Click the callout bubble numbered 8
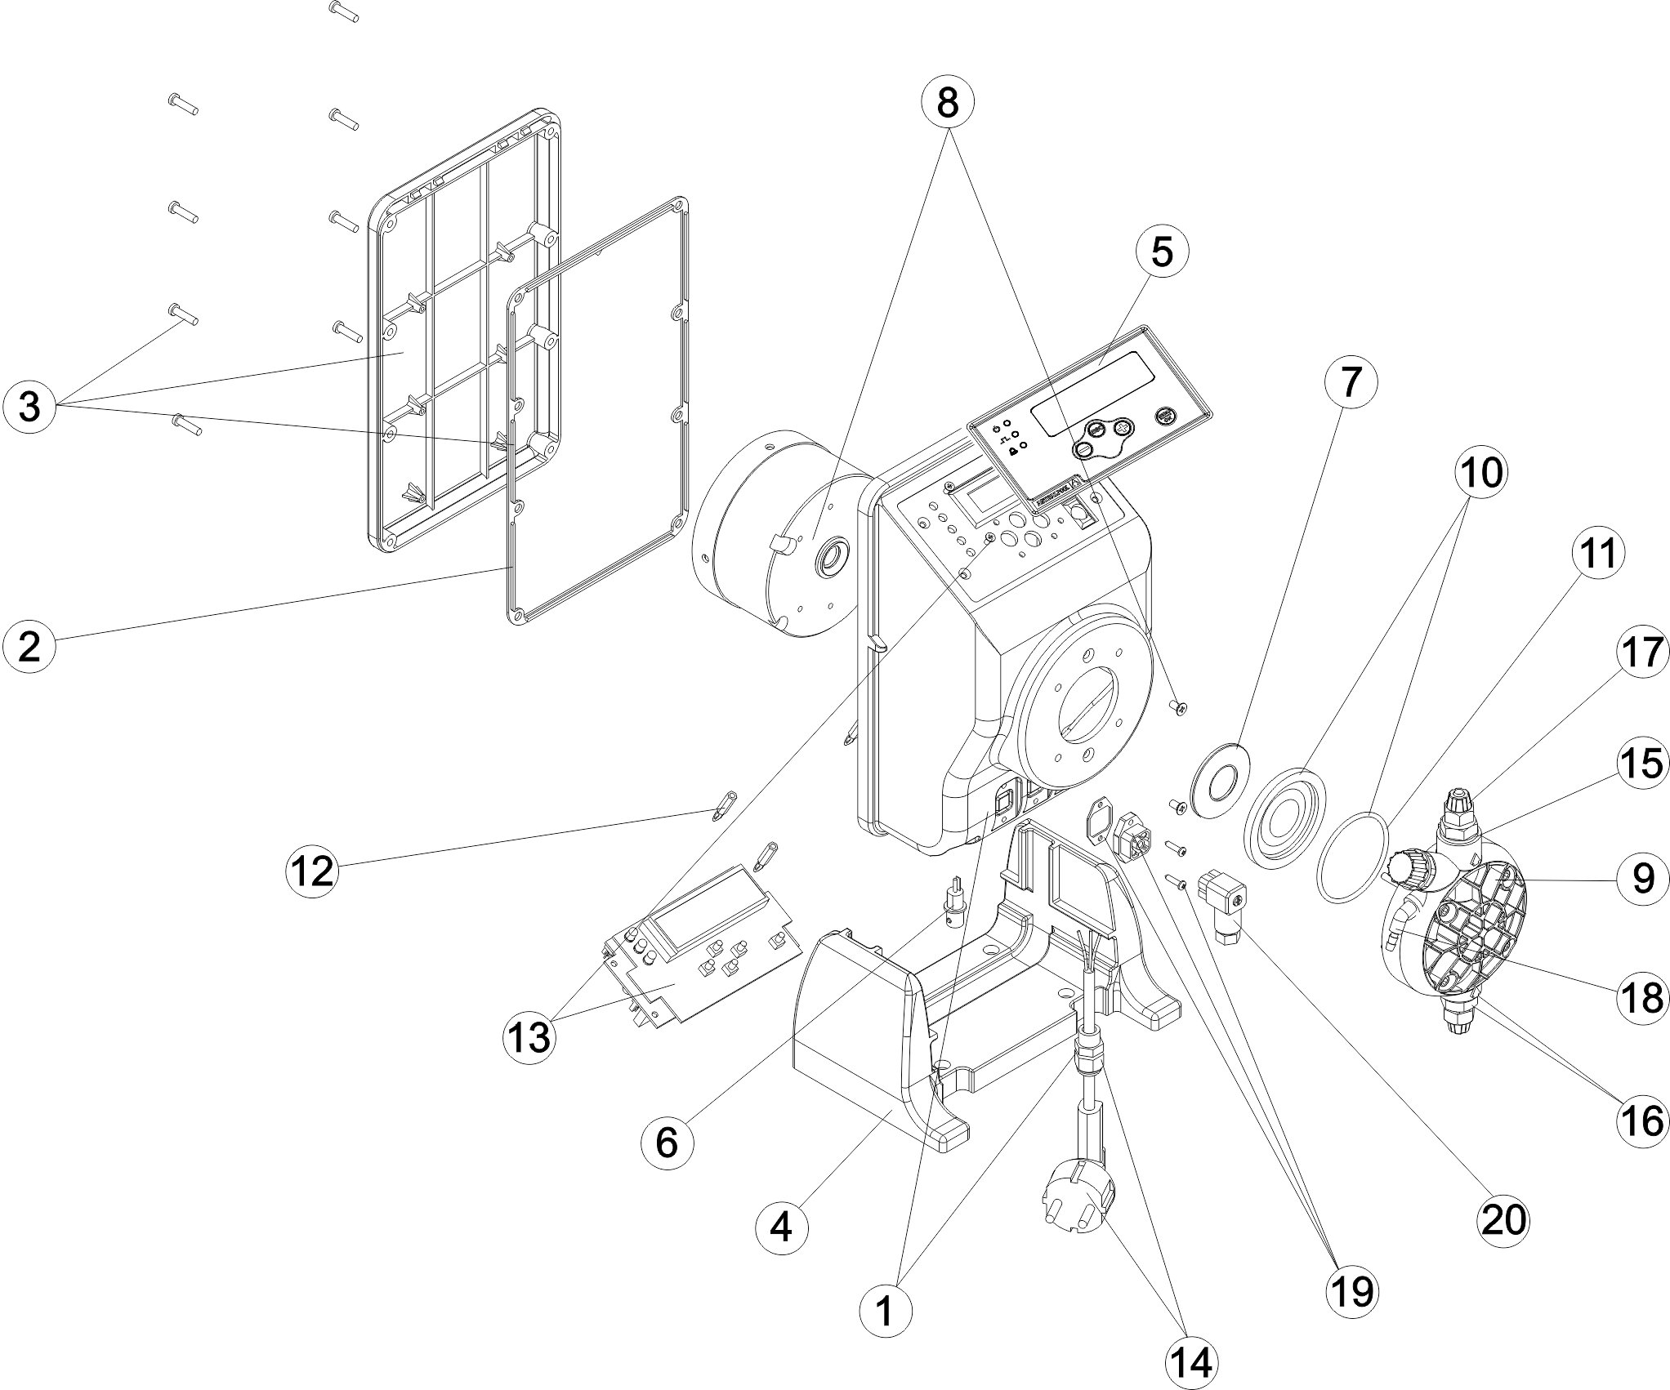click(947, 102)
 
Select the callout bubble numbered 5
click(1162, 252)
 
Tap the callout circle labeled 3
click(29, 406)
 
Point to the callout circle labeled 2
click(29, 647)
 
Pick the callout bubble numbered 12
click(313, 871)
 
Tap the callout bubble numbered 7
click(1351, 382)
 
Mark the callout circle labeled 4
click(782, 1250)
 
